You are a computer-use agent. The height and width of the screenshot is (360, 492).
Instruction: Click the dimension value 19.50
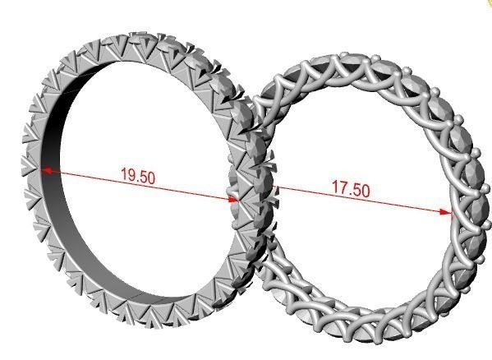pyautogui.click(x=139, y=175)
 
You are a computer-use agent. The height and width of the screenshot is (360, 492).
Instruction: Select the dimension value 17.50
pyautogui.click(x=350, y=188)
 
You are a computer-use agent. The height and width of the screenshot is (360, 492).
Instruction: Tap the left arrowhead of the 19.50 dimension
pyautogui.click(x=47, y=170)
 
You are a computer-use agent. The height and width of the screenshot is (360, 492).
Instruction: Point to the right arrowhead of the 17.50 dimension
pyautogui.click(x=447, y=212)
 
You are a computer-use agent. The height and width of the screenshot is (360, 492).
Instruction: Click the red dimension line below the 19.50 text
pyautogui.click(x=140, y=185)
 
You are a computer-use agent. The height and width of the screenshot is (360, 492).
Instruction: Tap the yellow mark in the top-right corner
pyautogui.click(x=488, y=3)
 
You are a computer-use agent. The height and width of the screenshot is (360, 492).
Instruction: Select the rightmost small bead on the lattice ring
pyautogui.click(x=476, y=152)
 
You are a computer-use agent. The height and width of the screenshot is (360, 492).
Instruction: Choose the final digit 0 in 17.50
pyautogui.click(x=365, y=191)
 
